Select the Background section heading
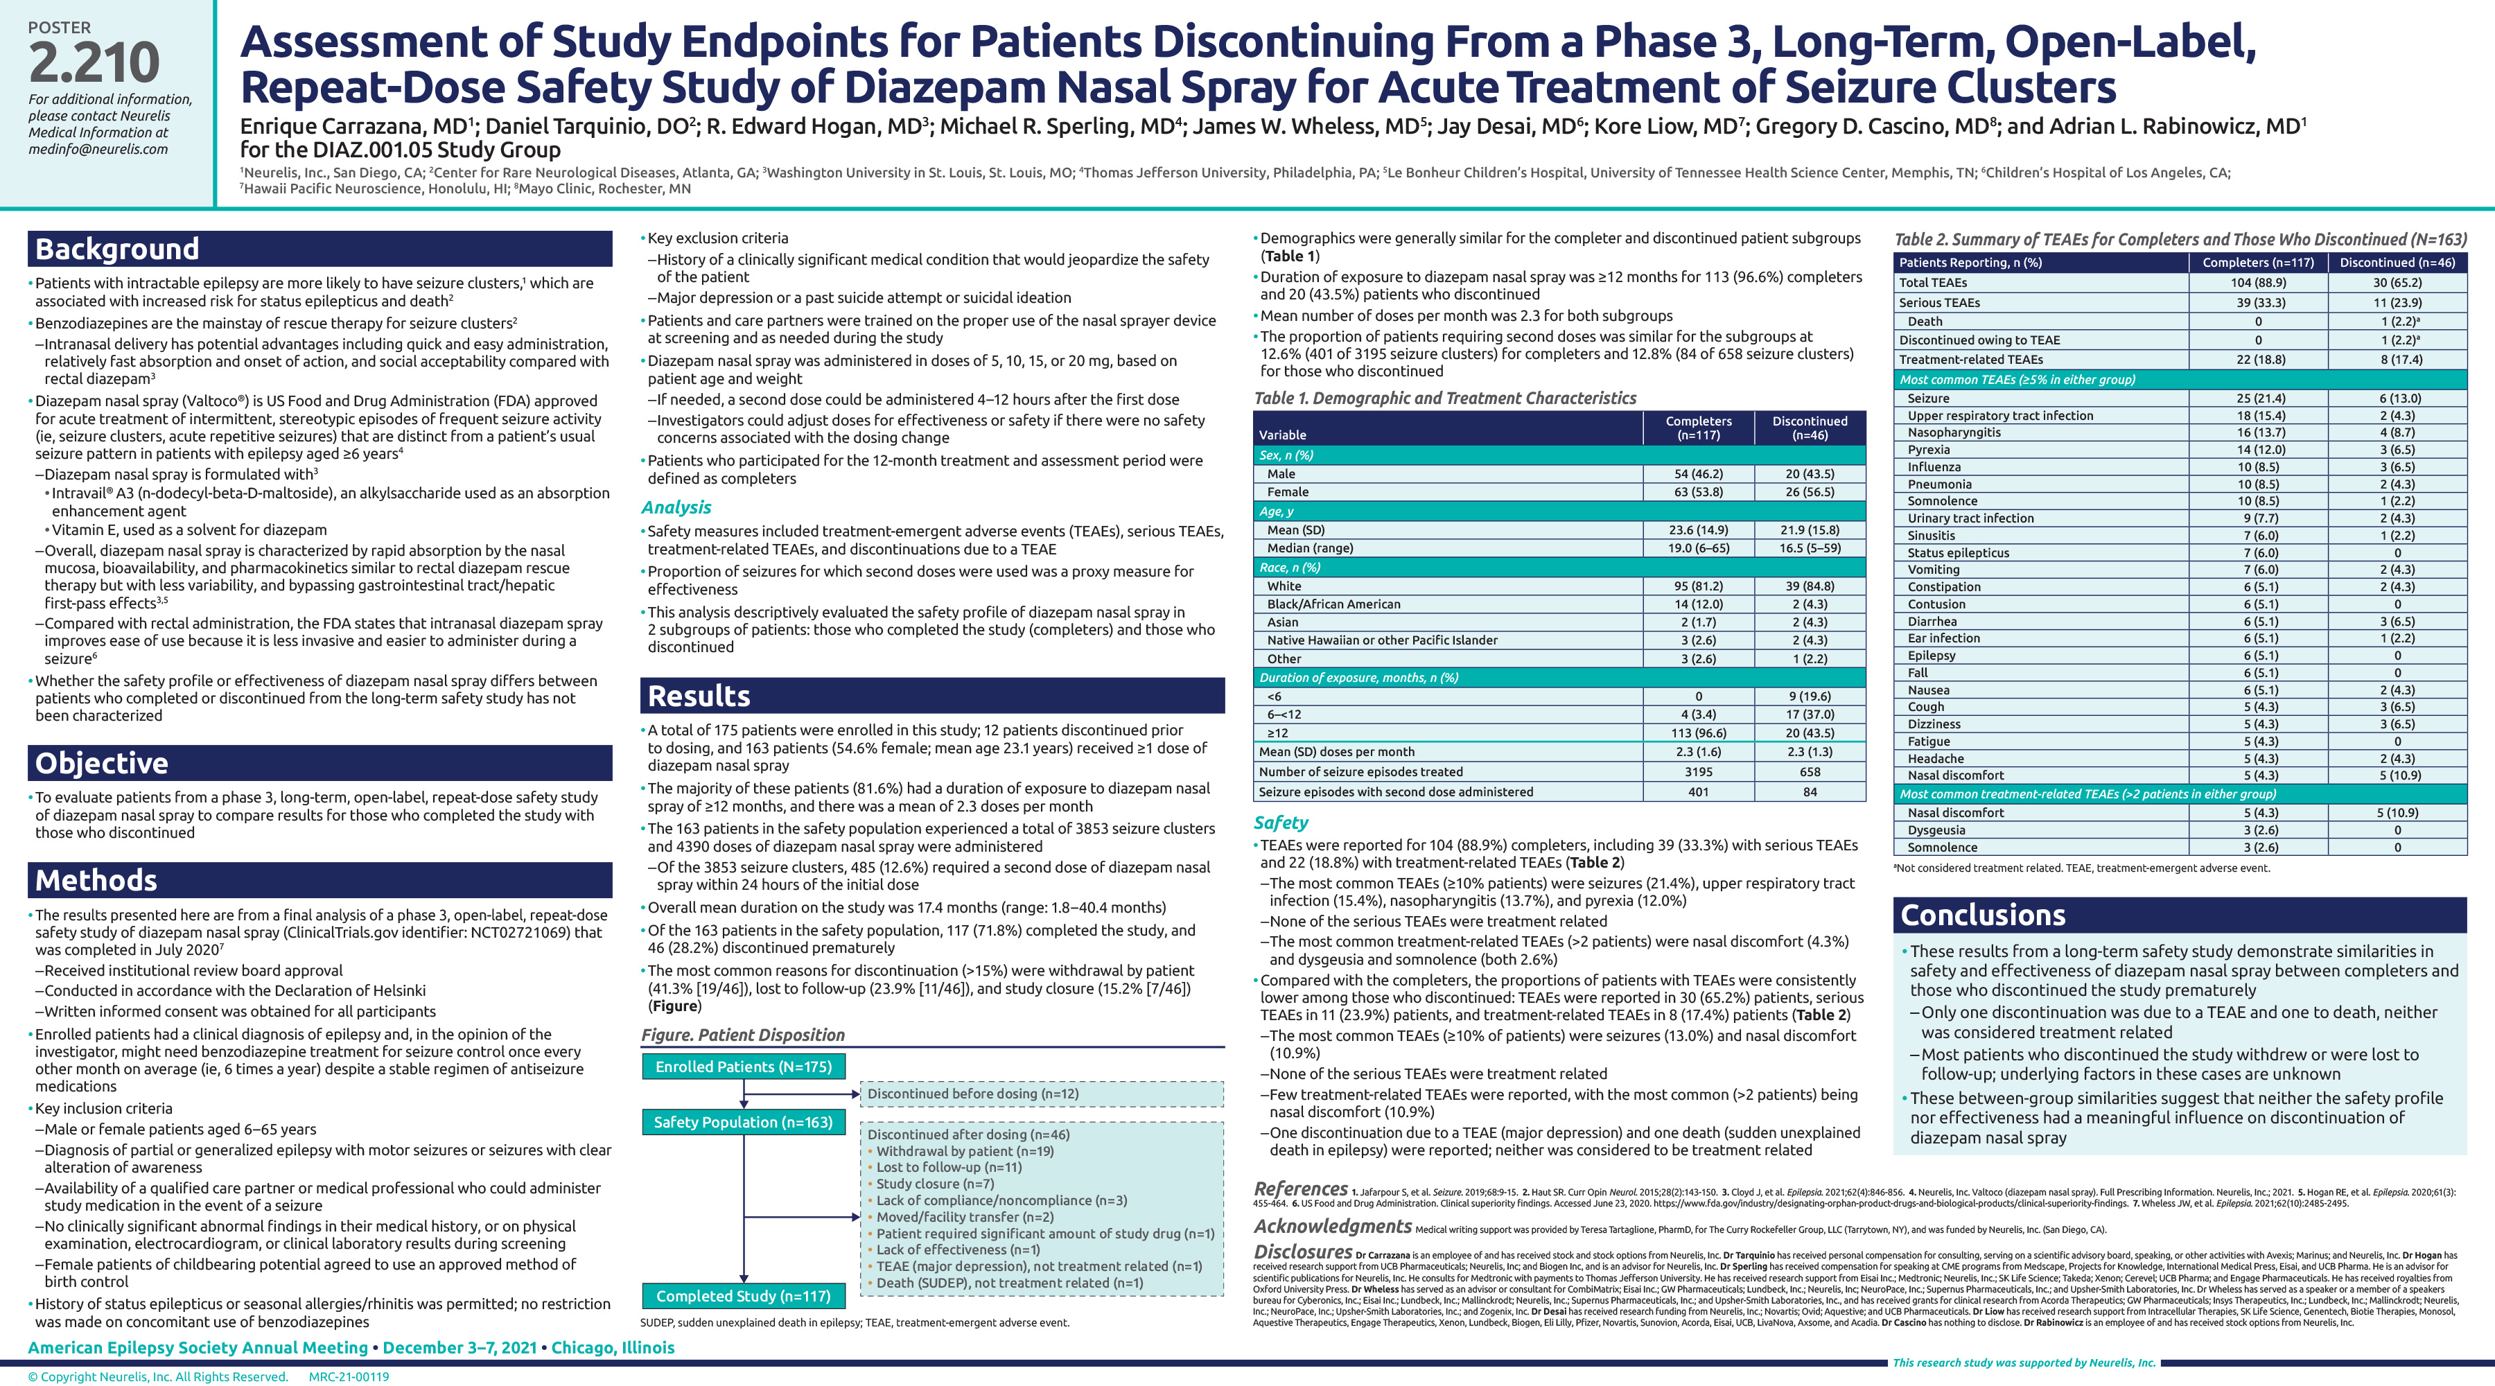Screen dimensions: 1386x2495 tap(117, 249)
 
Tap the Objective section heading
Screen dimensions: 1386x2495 tap(102, 763)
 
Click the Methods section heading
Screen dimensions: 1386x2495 tap(96, 880)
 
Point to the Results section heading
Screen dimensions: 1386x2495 tap(699, 696)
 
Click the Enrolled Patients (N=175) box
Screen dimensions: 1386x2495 tap(743, 1067)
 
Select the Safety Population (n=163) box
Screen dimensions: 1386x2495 tap(743, 1121)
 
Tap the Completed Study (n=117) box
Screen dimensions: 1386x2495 tap(743, 1296)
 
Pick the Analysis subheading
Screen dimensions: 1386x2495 tap(676, 507)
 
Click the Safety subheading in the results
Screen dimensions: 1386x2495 tap(1281, 823)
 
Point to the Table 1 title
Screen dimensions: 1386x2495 tap(1445, 398)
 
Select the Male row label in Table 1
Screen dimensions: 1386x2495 tap(1281, 473)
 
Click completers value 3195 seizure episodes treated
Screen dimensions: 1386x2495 tap(1698, 772)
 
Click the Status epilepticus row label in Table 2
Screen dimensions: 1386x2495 tap(1959, 553)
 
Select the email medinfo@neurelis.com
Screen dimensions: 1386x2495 tap(98, 149)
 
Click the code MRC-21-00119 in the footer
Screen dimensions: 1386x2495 tap(349, 1376)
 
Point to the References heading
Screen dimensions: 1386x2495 tap(1299, 1188)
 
